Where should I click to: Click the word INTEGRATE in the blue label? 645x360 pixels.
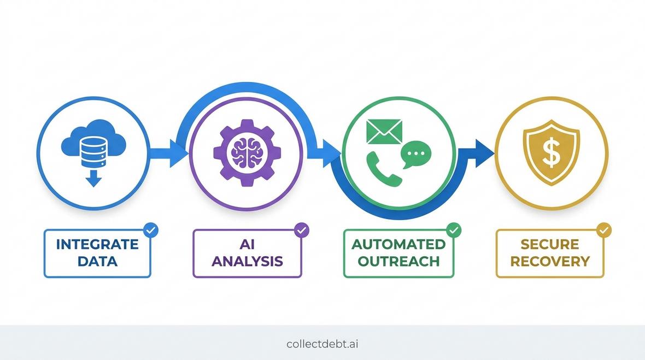[x=97, y=245]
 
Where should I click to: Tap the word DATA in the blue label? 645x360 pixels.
[x=97, y=261]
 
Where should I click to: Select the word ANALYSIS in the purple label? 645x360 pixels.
[x=247, y=261]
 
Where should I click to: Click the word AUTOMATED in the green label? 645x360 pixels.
[x=398, y=245]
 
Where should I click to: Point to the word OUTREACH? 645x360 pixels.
[x=398, y=261]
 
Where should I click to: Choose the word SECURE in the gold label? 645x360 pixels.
[x=550, y=245]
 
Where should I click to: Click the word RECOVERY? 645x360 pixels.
[x=550, y=261]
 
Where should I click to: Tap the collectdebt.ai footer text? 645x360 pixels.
[x=322, y=344]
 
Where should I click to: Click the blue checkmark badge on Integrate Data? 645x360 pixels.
[x=151, y=230]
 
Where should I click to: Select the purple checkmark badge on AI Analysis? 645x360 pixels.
[x=302, y=230]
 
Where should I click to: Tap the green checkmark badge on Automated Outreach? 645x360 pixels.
[x=454, y=230]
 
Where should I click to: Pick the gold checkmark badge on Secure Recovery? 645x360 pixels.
[x=604, y=230]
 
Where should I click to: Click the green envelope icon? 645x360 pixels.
[x=384, y=132]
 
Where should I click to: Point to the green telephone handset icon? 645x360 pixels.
[x=383, y=169]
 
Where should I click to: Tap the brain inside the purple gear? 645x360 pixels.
[x=247, y=152]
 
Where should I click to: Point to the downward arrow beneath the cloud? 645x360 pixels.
[x=94, y=177]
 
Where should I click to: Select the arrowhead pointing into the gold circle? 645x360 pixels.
[x=484, y=154]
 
